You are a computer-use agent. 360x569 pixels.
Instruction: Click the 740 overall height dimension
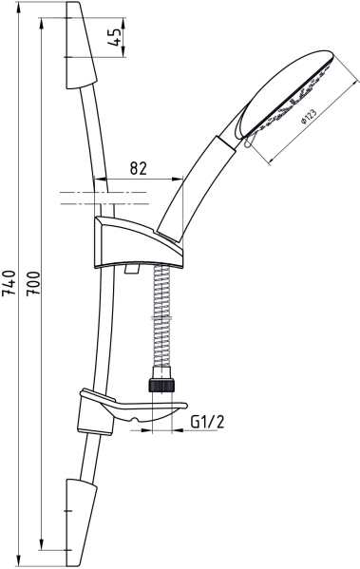click(9, 283)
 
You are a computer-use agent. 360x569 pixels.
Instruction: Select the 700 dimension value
click(33, 283)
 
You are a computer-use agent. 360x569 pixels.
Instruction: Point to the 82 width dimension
click(139, 168)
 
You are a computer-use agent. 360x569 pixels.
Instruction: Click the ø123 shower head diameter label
click(309, 116)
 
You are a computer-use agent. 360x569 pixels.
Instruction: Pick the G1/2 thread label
click(207, 422)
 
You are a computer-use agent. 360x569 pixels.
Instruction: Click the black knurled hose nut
click(161, 385)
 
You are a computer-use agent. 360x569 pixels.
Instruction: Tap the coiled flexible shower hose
click(161, 316)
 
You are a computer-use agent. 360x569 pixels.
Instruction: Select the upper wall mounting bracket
click(82, 46)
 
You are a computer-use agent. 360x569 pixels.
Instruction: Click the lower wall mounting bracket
click(82, 522)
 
